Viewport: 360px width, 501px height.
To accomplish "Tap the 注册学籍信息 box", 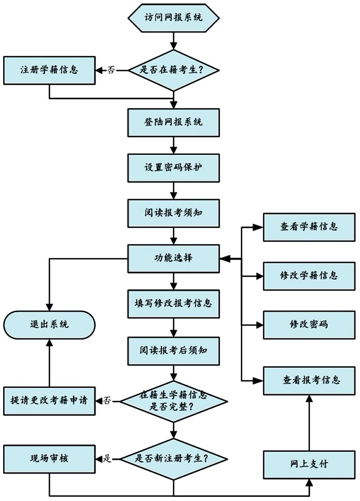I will pyautogui.click(x=49, y=69).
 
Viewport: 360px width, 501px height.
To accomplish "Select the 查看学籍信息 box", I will pyautogui.click(x=309, y=226).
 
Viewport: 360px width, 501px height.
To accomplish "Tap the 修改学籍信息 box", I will pyautogui.click(x=309, y=276).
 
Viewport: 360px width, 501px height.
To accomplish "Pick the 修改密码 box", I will pyautogui.click(x=309, y=325).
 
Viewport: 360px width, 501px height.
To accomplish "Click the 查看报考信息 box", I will pyautogui.click(x=309, y=380).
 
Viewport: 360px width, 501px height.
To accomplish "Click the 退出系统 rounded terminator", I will pyautogui.click(x=49, y=325).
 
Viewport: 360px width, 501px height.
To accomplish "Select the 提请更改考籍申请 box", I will pyautogui.click(x=49, y=400).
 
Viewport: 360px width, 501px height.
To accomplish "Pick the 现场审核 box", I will pyautogui.click(x=49, y=458).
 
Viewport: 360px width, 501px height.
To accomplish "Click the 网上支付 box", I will pyautogui.click(x=309, y=464).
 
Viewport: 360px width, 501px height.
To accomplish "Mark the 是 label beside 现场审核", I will pyautogui.click(x=107, y=458).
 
